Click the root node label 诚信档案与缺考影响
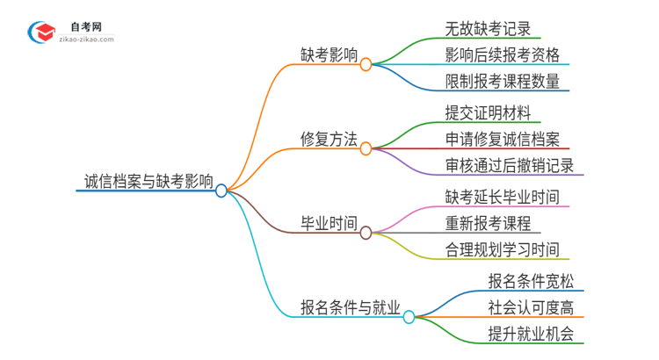(x=145, y=182)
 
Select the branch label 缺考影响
(x=327, y=54)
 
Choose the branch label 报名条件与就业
(x=349, y=307)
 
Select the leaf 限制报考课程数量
(x=502, y=82)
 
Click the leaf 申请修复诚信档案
(x=502, y=139)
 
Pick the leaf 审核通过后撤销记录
(x=509, y=166)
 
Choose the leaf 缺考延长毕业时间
(x=502, y=196)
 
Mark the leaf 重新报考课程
(x=488, y=223)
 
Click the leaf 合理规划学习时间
(x=502, y=250)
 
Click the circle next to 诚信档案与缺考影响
(x=221, y=190)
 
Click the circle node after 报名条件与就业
(x=409, y=316)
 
